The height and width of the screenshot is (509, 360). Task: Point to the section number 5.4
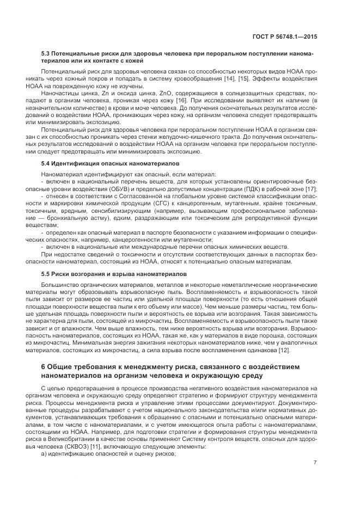coord(46,163)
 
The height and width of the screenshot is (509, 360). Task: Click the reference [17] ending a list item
coord(311,188)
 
